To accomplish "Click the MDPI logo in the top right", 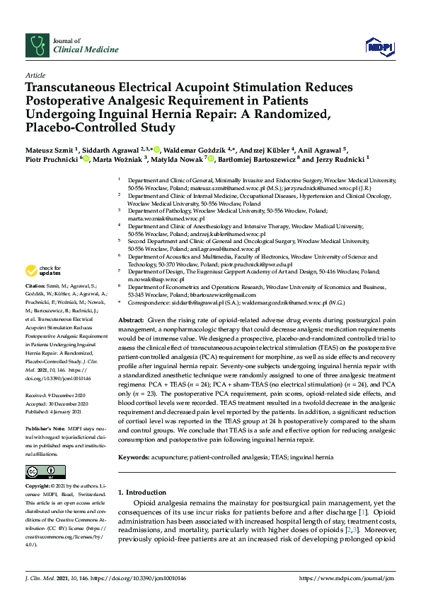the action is [379, 47].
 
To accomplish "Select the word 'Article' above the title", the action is [35, 74].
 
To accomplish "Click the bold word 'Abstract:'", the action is [132, 320].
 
